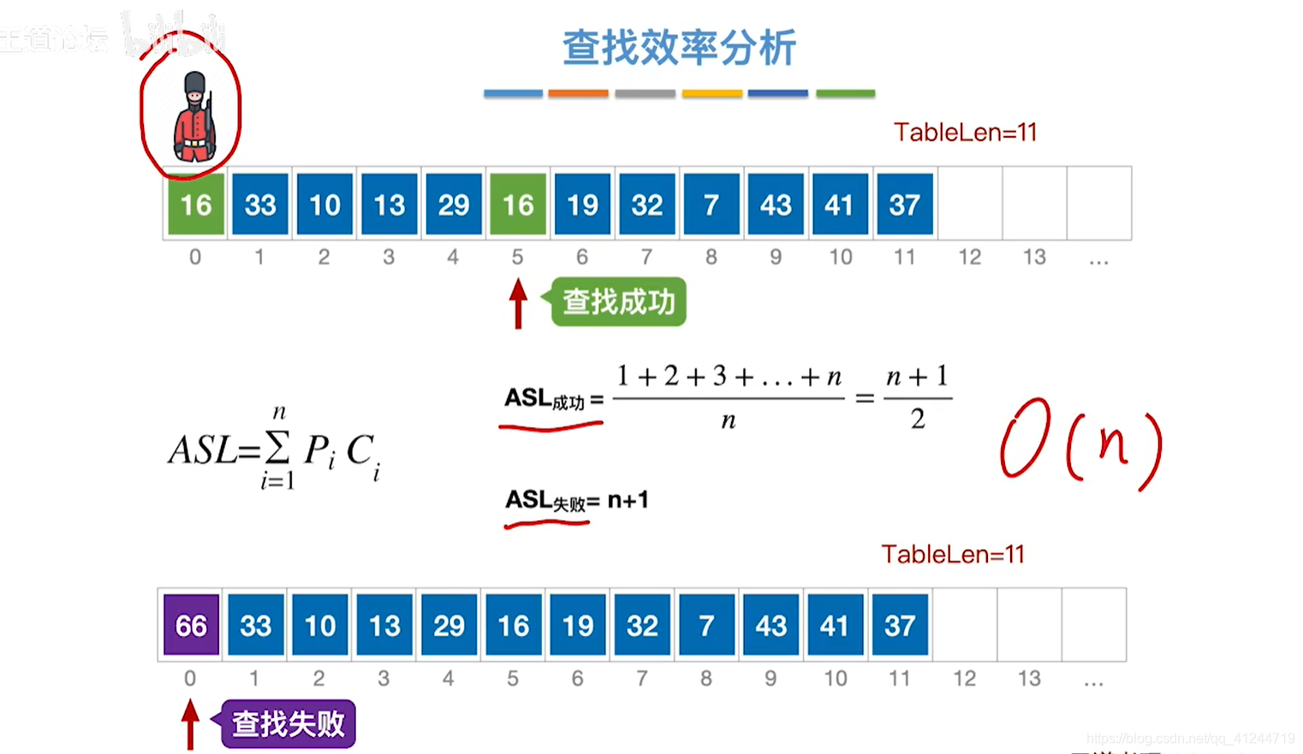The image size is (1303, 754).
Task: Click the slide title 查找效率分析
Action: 679,47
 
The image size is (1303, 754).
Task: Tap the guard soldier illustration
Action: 193,117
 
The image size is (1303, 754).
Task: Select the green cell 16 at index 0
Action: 195,205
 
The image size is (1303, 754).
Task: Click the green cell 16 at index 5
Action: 518,205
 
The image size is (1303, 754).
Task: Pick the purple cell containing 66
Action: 191,626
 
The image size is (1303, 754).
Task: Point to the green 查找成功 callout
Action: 618,302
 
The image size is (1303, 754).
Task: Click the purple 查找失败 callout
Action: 288,724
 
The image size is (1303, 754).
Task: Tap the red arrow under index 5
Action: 518,304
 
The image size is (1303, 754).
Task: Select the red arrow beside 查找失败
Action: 190,724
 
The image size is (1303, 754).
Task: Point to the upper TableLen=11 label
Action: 965,133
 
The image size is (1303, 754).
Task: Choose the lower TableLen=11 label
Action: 953,555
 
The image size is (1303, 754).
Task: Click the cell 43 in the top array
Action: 776,205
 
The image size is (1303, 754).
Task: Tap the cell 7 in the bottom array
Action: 706,626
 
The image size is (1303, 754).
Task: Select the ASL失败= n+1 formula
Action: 576,500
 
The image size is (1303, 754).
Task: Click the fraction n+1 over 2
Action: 917,397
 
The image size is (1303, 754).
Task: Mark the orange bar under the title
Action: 578,93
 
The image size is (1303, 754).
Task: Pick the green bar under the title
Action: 845,93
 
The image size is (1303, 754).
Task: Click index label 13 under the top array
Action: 1034,257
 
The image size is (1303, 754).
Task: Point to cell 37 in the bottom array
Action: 900,626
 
